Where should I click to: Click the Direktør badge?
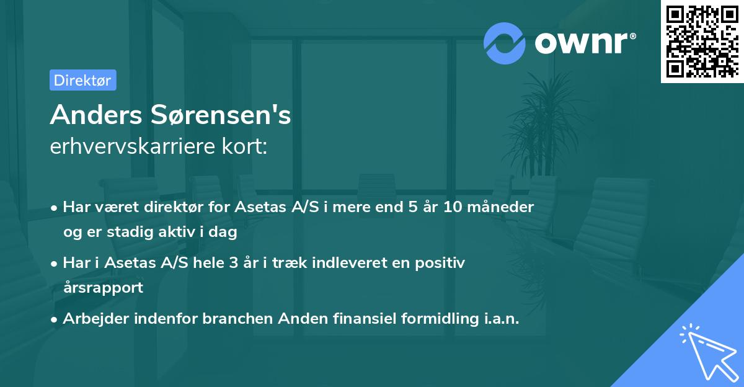(82, 80)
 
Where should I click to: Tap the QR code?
(702, 42)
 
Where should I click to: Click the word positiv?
(441, 263)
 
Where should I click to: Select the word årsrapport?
(102, 288)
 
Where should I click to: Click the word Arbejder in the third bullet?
(94, 319)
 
